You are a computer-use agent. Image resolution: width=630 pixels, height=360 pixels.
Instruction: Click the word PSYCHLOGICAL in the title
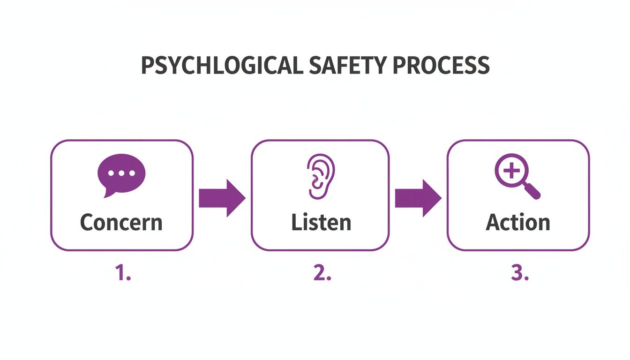click(222, 66)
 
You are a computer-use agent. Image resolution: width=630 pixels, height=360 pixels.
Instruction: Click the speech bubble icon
click(121, 174)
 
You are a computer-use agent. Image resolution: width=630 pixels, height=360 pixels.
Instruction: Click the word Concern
click(121, 222)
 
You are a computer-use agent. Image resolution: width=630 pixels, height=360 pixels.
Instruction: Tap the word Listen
click(321, 222)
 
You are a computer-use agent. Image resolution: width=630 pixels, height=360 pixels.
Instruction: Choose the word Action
click(517, 222)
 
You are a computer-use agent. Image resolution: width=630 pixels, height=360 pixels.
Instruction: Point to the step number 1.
click(123, 274)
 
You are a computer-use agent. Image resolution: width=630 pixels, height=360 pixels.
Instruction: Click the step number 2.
click(322, 274)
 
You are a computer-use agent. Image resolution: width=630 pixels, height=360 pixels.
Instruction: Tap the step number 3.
click(519, 274)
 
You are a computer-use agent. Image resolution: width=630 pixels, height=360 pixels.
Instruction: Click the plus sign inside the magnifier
click(511, 171)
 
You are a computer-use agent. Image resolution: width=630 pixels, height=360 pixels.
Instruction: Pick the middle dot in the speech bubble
click(121, 172)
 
